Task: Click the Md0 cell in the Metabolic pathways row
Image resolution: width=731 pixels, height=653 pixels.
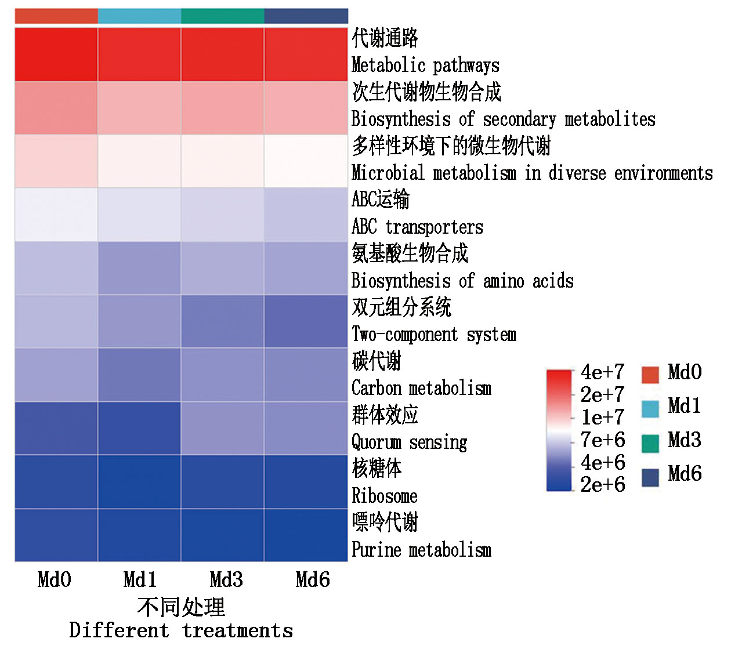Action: point(56,55)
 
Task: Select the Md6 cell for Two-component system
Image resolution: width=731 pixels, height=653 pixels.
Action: point(306,321)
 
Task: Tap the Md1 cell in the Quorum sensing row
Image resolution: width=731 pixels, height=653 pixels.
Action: point(139,428)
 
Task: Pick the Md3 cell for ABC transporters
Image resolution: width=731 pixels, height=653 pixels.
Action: point(223,215)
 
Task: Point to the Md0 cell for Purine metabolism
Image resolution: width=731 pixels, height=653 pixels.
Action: point(56,535)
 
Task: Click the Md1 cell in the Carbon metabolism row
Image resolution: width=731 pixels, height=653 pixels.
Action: point(139,375)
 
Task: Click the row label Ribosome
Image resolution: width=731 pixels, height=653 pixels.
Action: point(384,496)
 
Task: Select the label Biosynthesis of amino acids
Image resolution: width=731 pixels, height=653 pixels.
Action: point(462,281)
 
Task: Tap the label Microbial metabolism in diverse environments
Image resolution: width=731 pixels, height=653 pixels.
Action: point(532,173)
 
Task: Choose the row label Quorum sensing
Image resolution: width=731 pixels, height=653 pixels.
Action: point(409,442)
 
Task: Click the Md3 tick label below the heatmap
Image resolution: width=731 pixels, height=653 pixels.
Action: point(226,579)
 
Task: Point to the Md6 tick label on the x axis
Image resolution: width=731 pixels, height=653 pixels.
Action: point(312,579)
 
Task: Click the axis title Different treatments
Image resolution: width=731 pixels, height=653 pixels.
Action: point(181,630)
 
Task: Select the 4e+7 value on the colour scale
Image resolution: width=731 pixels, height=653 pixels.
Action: point(602,372)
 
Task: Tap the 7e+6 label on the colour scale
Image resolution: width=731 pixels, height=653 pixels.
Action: point(602,440)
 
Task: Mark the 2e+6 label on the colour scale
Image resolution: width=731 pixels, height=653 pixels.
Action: point(602,484)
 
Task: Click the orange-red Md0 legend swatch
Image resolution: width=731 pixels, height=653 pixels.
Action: point(650,375)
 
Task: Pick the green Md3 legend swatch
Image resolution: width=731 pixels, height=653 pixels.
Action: point(650,442)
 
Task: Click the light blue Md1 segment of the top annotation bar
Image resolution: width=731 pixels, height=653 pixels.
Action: point(139,16)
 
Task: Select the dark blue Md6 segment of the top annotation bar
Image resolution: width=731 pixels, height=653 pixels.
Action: point(306,16)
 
